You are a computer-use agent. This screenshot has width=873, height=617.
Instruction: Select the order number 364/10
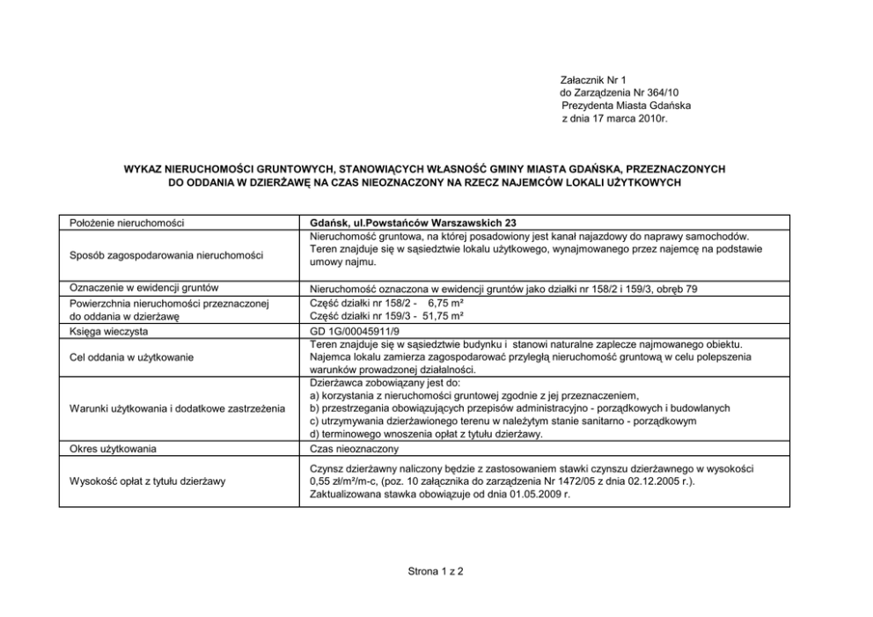655,92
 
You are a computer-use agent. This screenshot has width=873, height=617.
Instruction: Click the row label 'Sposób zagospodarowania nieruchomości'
166,255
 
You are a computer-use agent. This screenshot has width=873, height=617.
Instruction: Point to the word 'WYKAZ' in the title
146,167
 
